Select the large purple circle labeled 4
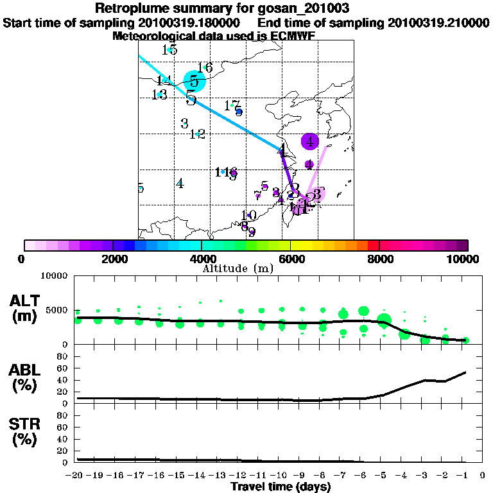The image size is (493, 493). tap(310, 141)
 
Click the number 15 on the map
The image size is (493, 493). tap(170, 49)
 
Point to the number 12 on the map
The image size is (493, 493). tap(197, 134)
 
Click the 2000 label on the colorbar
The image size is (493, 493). tap(113, 259)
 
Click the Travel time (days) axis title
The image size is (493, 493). tap(281, 487)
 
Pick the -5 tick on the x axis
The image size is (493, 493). tap(384, 476)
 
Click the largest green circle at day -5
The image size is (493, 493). tap(385, 320)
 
